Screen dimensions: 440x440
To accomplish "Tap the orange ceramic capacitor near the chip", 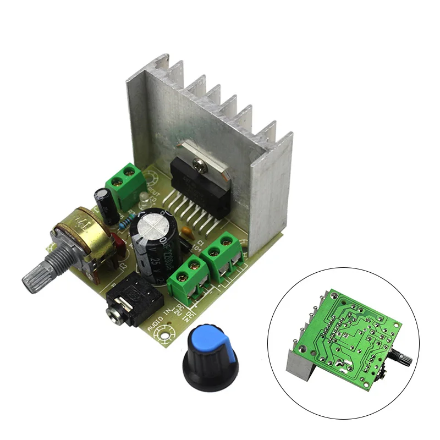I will coord(188,233).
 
